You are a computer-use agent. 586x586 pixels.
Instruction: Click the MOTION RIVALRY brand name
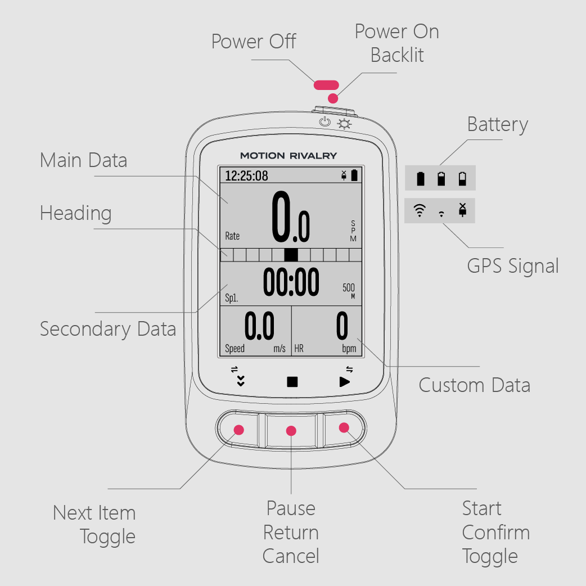tap(289, 155)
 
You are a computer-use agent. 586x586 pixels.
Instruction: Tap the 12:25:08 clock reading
tap(246, 175)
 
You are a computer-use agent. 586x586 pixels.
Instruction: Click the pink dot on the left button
tap(239, 430)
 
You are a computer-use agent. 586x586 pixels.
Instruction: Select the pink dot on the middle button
tap(291, 431)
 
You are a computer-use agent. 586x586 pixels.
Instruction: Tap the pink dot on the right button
tap(344, 427)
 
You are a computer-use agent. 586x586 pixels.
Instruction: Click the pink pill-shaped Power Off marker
tap(326, 85)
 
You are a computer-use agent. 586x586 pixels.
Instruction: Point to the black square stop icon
tap(292, 382)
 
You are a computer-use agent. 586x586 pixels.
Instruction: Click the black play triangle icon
tap(345, 382)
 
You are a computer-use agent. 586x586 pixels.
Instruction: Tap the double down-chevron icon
tap(241, 381)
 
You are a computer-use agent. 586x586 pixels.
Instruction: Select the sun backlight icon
tap(344, 124)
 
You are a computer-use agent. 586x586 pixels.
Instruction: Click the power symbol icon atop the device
tap(324, 121)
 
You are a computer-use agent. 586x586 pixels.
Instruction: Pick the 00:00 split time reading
tap(291, 282)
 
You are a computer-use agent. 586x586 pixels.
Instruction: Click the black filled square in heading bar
tap(291, 255)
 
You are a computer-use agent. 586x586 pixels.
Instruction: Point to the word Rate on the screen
tap(232, 236)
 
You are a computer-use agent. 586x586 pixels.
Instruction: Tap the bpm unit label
tap(349, 349)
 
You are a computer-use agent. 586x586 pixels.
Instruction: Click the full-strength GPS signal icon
tap(420, 210)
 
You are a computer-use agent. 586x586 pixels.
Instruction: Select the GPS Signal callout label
tap(513, 267)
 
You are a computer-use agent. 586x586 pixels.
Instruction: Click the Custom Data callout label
tap(474, 385)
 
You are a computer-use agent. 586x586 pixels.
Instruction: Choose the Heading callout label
tap(76, 214)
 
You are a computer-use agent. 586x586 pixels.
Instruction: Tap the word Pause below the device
tap(291, 508)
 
